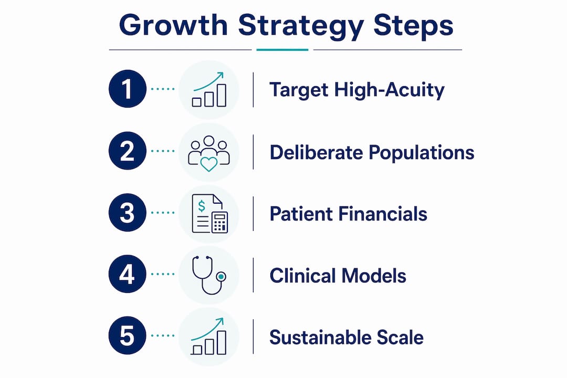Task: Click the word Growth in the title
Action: pyautogui.click(x=173, y=25)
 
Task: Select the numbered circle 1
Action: pyautogui.click(x=127, y=89)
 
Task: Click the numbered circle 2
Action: pyautogui.click(x=127, y=151)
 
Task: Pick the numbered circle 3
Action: pyautogui.click(x=127, y=212)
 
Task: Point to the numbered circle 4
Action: pyautogui.click(x=127, y=274)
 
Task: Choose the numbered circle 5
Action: pyautogui.click(x=127, y=335)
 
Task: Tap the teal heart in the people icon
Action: pyautogui.click(x=208, y=164)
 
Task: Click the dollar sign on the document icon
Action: pyautogui.click(x=202, y=206)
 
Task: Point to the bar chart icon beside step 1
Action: pyautogui.click(x=209, y=89)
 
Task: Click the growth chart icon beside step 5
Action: pyautogui.click(x=208, y=337)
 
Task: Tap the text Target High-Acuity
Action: pyautogui.click(x=357, y=90)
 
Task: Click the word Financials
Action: pyautogui.click(x=383, y=214)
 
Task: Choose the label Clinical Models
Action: pyautogui.click(x=338, y=276)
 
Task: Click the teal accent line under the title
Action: pyautogui.click(x=282, y=50)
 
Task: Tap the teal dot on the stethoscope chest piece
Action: pyautogui.click(x=220, y=277)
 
